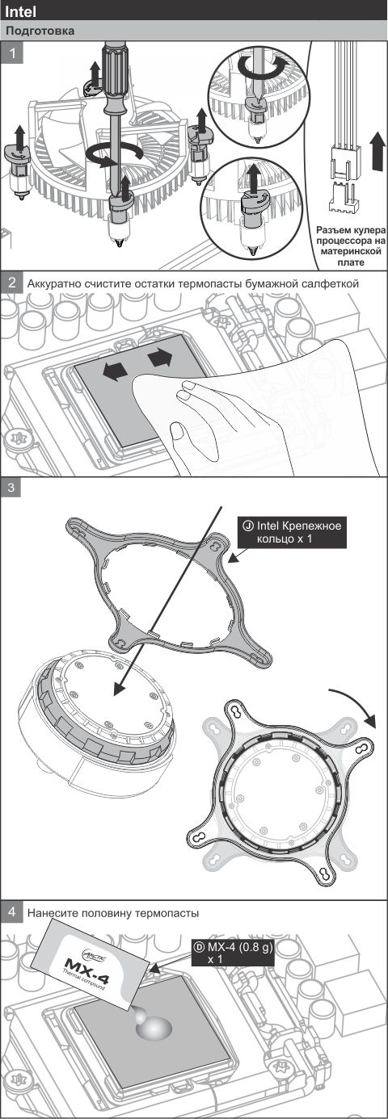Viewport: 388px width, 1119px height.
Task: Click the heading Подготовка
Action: click(40, 31)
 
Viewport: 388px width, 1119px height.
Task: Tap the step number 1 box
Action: click(11, 52)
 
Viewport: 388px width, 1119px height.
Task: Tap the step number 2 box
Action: click(11, 283)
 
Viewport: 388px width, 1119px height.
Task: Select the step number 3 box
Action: click(11, 488)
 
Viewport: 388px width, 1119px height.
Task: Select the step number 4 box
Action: click(11, 912)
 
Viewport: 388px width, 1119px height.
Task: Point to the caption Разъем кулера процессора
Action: click(349, 237)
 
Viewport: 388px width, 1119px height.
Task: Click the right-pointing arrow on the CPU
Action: click(161, 358)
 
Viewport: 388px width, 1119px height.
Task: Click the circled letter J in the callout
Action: click(247, 526)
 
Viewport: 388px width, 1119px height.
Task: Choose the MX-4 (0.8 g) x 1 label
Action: click(233, 953)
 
